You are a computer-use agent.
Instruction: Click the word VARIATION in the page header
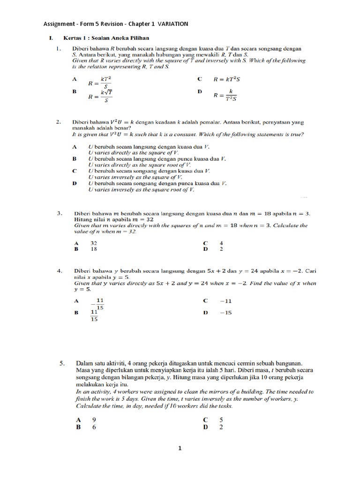173,24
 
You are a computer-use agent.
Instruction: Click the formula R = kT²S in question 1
227,80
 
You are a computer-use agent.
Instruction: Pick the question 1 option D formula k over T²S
226,95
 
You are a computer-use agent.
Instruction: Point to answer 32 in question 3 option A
94,243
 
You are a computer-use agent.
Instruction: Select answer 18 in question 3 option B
94,249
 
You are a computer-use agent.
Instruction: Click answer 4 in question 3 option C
221,243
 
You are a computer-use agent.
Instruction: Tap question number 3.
60,213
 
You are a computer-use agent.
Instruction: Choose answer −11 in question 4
225,300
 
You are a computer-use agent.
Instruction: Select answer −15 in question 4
225,313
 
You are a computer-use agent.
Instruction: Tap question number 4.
60,271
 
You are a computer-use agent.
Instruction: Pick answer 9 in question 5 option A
94,420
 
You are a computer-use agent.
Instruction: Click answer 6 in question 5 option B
94,427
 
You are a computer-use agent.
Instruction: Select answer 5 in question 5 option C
221,420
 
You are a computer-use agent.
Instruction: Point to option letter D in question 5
205,427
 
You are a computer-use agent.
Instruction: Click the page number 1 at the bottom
180,449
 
